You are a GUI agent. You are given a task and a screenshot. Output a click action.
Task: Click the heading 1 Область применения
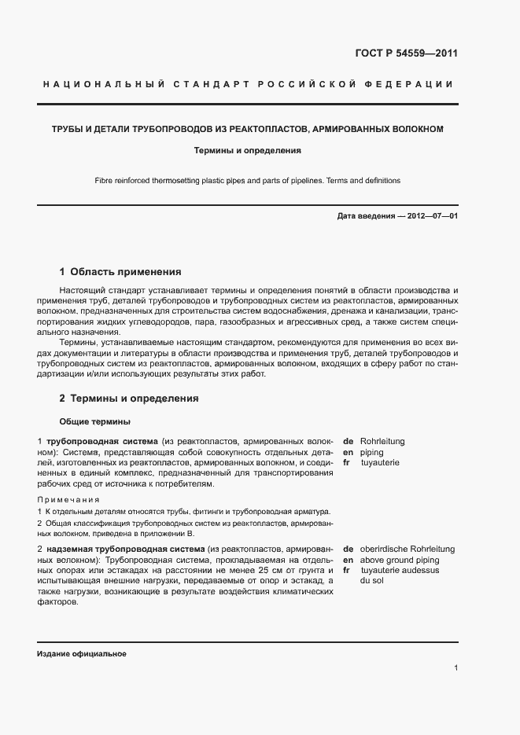click(x=120, y=272)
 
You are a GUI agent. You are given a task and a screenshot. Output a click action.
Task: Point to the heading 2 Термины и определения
click(x=129, y=399)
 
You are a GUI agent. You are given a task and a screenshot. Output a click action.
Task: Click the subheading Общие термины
click(x=94, y=421)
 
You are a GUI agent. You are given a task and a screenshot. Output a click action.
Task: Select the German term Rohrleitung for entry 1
click(x=382, y=442)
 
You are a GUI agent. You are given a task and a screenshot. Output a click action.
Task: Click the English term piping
click(x=372, y=453)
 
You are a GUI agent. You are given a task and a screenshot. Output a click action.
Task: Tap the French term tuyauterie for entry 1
click(x=380, y=463)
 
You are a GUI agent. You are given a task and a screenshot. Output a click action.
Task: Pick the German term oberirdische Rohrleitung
click(x=408, y=549)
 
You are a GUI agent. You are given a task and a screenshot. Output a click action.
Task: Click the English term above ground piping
click(x=400, y=560)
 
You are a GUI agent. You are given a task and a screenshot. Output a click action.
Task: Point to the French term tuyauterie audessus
click(x=400, y=570)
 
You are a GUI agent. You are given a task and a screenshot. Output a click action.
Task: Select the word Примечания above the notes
click(x=68, y=500)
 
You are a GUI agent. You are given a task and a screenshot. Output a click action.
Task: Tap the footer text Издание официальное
click(x=82, y=654)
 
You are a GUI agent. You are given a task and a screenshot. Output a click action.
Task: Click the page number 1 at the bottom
click(x=456, y=668)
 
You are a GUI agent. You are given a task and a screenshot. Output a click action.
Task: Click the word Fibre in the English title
click(x=104, y=180)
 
